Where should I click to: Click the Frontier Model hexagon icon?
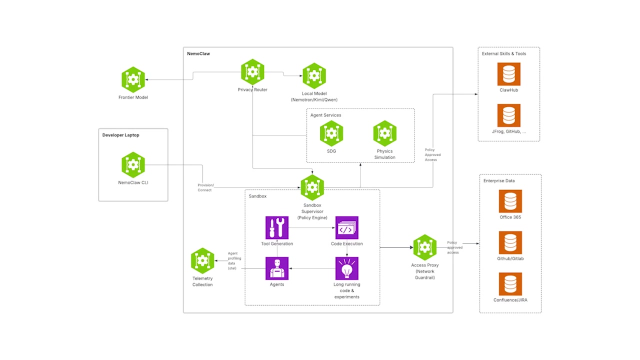click(x=133, y=79)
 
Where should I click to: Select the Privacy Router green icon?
click(x=252, y=72)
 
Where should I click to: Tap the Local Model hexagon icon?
click(x=314, y=76)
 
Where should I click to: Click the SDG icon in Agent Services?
click(x=331, y=133)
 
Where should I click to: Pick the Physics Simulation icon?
click(x=384, y=133)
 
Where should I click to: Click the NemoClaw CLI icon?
click(x=133, y=165)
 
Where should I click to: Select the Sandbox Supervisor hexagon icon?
click(x=312, y=187)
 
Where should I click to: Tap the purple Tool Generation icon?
click(x=277, y=228)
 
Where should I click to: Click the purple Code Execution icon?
click(x=346, y=228)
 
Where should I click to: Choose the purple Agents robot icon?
click(x=277, y=268)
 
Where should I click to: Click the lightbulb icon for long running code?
click(x=346, y=268)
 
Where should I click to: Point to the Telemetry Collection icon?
click(x=202, y=260)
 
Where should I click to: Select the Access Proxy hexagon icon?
click(x=425, y=247)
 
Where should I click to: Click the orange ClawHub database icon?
click(x=508, y=74)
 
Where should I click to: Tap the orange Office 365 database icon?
click(x=510, y=201)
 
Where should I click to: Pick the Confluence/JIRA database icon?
click(x=510, y=284)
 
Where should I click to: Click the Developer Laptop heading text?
click(x=120, y=135)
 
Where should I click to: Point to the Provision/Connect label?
click(x=205, y=187)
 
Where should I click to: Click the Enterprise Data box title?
click(x=498, y=180)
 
